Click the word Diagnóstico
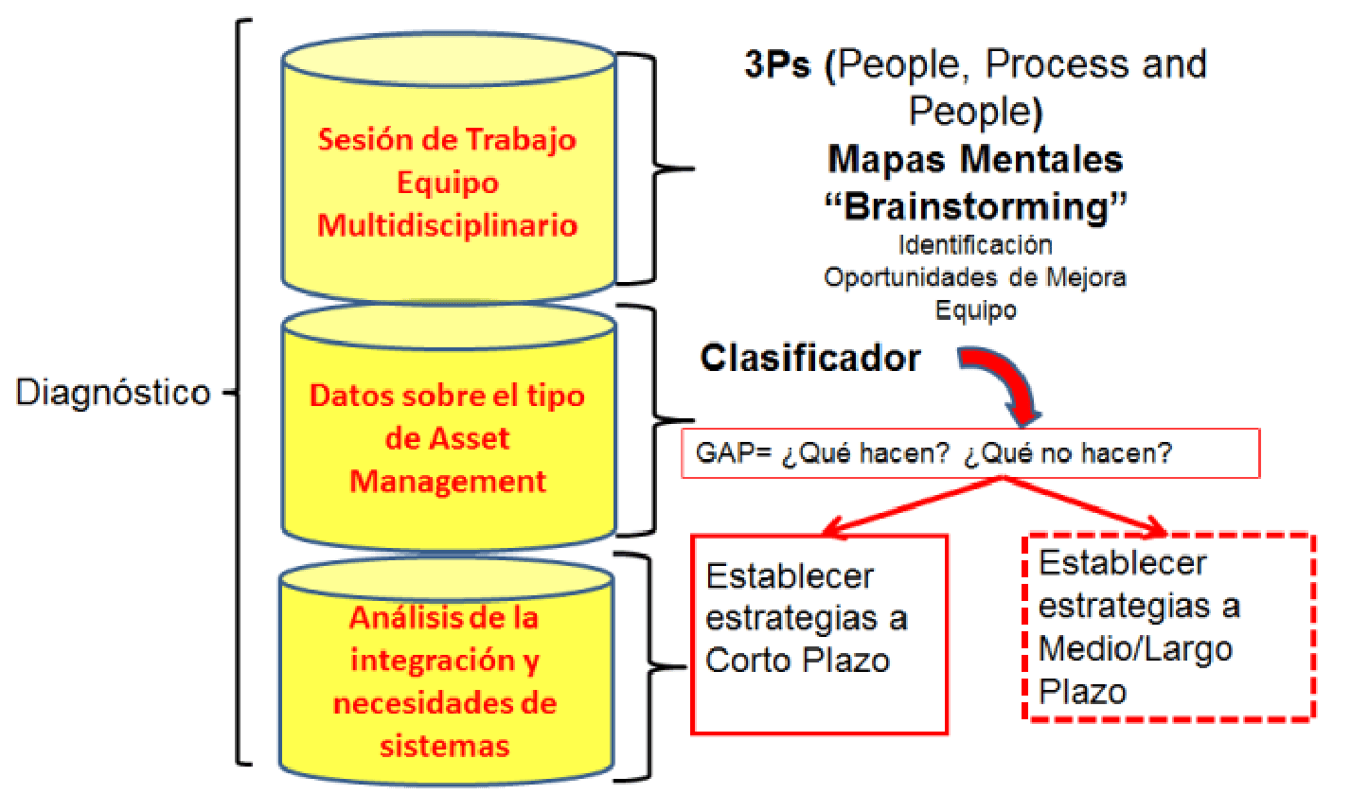[x=113, y=393]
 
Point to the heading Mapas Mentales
[x=975, y=159]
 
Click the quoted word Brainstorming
[x=976, y=205]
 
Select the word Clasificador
[x=810, y=358]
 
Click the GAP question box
[x=970, y=453]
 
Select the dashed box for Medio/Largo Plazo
[x=1170, y=627]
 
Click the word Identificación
[x=975, y=245]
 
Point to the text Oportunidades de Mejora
[x=975, y=277]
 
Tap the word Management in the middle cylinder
[x=448, y=481]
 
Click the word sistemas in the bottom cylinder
[x=445, y=745]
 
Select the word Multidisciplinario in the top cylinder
[x=448, y=225]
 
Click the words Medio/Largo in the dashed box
[x=1135, y=648]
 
